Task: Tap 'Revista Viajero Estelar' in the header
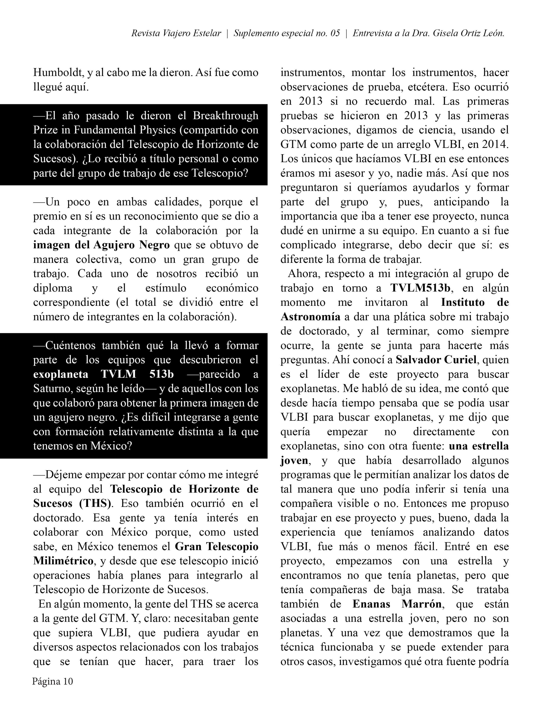176,33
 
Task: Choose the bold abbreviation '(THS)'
95,503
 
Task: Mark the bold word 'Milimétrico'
63,561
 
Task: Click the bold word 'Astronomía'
310,317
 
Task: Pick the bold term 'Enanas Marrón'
397,604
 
